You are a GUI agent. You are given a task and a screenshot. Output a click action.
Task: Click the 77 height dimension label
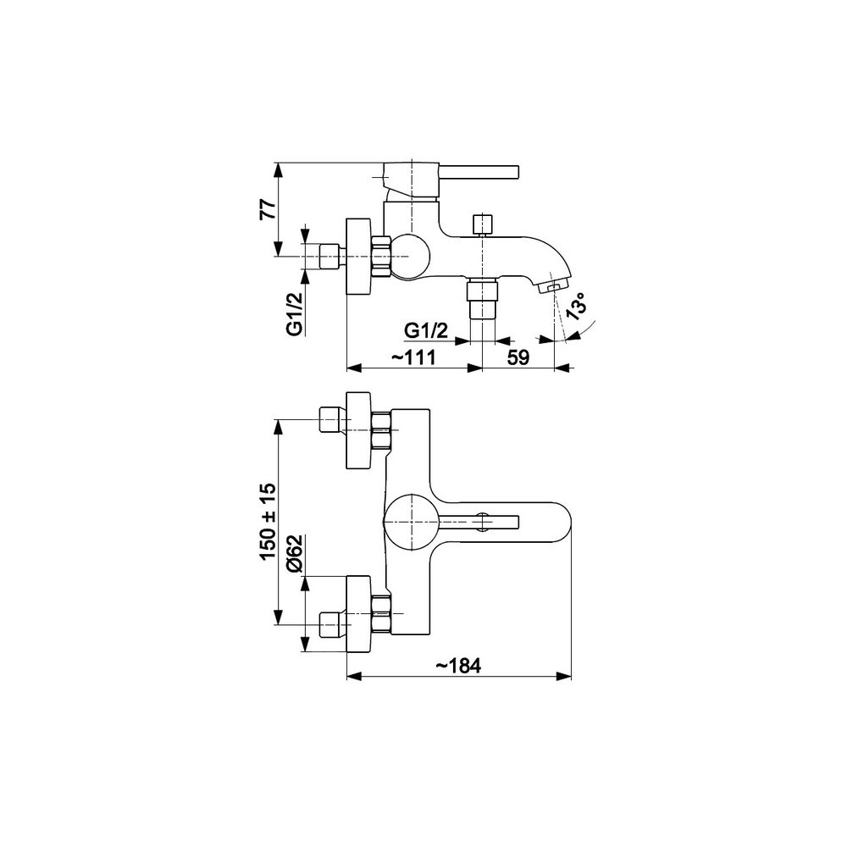[x=268, y=208]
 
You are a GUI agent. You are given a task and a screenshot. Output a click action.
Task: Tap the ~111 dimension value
[x=413, y=357]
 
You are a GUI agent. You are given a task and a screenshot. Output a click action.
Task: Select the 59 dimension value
[x=518, y=357]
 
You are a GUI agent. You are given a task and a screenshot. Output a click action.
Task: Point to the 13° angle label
[x=576, y=307]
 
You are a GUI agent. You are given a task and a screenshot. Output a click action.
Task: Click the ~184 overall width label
[x=458, y=666]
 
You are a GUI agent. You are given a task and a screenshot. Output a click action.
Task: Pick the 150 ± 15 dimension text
[x=268, y=522]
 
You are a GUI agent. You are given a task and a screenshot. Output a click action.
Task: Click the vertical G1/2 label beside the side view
[x=295, y=314]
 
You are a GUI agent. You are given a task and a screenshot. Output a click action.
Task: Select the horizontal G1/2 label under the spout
[x=426, y=330]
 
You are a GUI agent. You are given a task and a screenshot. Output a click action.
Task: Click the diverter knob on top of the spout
[x=483, y=224]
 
